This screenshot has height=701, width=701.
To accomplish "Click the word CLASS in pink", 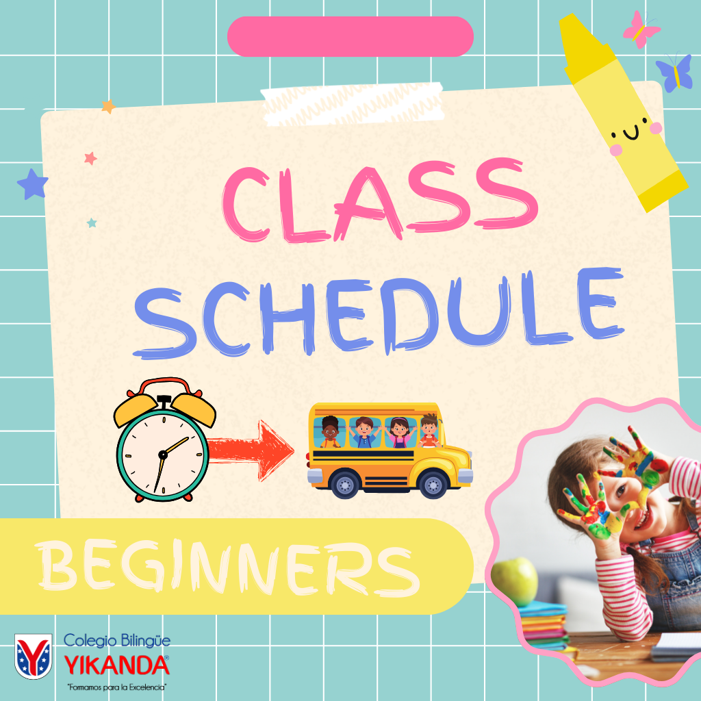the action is pyautogui.click(x=380, y=201).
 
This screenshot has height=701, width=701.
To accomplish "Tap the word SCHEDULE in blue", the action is pyautogui.click(x=379, y=313).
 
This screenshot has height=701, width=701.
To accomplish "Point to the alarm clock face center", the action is pyautogui.click(x=163, y=455).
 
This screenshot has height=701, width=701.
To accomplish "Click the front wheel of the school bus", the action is pyautogui.click(x=433, y=485).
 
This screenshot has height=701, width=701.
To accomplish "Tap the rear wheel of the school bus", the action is pyautogui.click(x=345, y=485).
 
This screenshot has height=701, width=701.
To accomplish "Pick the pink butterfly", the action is pyautogui.click(x=641, y=29).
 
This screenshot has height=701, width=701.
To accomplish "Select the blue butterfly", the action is pyautogui.click(x=674, y=73).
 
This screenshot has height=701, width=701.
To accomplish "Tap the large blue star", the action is pyautogui.click(x=33, y=184).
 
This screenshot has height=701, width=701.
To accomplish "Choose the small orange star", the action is pyautogui.click(x=108, y=106).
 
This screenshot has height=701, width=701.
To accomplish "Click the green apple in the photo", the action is pyautogui.click(x=514, y=582).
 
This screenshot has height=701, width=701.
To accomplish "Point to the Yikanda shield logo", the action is pyautogui.click(x=33, y=656).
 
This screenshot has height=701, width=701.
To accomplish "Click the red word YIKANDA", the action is pyautogui.click(x=116, y=665).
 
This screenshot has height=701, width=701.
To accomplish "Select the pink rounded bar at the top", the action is pyautogui.click(x=350, y=36).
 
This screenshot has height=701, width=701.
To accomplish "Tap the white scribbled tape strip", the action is pyautogui.click(x=353, y=104).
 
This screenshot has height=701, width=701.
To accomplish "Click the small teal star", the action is pyautogui.click(x=92, y=222).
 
